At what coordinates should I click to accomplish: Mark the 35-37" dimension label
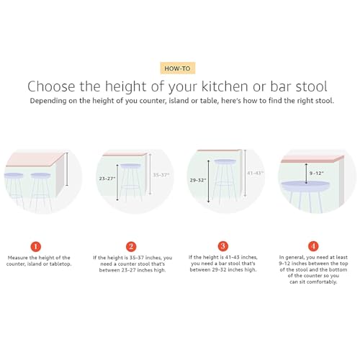point(161,174)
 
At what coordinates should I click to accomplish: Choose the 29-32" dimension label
point(197,180)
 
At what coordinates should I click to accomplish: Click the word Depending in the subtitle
point(52,102)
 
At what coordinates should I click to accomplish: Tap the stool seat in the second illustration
point(130,166)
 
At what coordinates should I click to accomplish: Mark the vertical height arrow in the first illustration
point(67,169)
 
